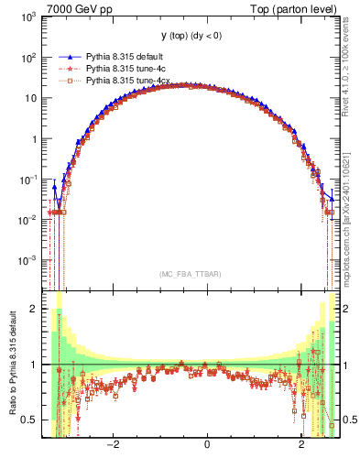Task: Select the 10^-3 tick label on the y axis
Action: (x=30, y=260)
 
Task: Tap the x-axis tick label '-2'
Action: (x=112, y=446)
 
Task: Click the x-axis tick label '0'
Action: (x=207, y=446)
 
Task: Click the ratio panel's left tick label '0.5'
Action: (x=29, y=420)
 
